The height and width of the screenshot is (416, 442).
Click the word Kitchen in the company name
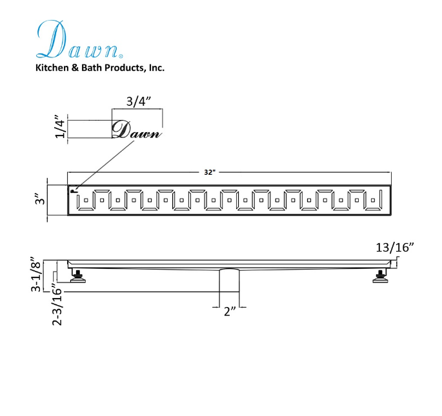pos(52,68)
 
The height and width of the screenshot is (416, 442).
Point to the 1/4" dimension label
pos(60,128)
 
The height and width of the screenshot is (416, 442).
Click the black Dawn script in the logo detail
pos(136,130)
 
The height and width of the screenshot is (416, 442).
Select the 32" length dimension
pos(208,173)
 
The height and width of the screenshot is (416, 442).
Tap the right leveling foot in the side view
pos(379,277)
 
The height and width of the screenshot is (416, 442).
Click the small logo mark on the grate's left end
pos(74,190)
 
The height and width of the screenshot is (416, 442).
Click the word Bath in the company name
pos(90,68)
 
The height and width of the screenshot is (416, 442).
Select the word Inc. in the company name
pos(156,68)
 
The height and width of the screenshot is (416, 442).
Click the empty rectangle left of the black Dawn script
pos(89,129)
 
